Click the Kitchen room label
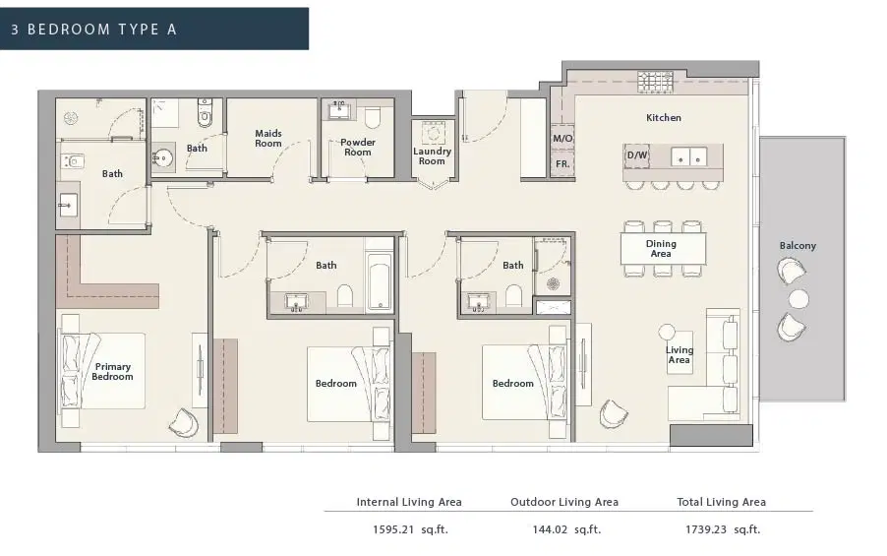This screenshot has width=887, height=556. pyautogui.click(x=664, y=118)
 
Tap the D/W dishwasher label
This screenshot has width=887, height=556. pyautogui.click(x=636, y=155)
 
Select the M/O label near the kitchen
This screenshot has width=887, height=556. pyautogui.click(x=562, y=139)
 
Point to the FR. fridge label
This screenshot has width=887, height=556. pyautogui.click(x=562, y=164)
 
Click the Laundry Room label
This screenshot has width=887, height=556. pyautogui.click(x=433, y=156)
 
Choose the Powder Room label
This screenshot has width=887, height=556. pyautogui.click(x=358, y=148)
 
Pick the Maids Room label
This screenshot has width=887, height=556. pyautogui.click(x=268, y=138)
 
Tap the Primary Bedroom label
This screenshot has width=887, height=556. pyautogui.click(x=112, y=372)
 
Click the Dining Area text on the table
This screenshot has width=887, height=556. pyautogui.click(x=661, y=249)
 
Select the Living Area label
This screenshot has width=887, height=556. pyautogui.click(x=680, y=355)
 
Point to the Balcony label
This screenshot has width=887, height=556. pyautogui.click(x=798, y=246)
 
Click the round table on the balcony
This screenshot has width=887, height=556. pyautogui.click(x=798, y=298)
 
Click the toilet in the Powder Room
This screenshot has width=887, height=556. pyautogui.click(x=372, y=119)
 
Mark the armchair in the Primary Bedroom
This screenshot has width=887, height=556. pyautogui.click(x=185, y=421)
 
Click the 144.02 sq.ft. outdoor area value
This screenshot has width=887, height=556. pyautogui.click(x=563, y=529)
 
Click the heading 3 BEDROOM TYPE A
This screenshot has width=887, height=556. pyautogui.click(x=94, y=29)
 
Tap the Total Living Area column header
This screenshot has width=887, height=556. pyautogui.click(x=721, y=502)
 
